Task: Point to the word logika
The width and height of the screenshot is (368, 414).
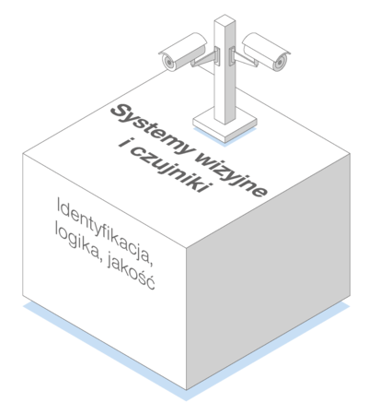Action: pos(78,242)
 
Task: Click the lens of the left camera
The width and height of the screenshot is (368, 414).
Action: pos(168,63)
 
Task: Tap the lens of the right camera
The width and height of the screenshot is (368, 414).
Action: pos(280,64)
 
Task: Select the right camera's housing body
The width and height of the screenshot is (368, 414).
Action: pos(266,50)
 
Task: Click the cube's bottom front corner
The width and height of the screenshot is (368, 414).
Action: pos(187,390)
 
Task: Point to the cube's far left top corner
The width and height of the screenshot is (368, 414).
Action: pos(23,154)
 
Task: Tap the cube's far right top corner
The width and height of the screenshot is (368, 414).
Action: pos(351,154)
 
